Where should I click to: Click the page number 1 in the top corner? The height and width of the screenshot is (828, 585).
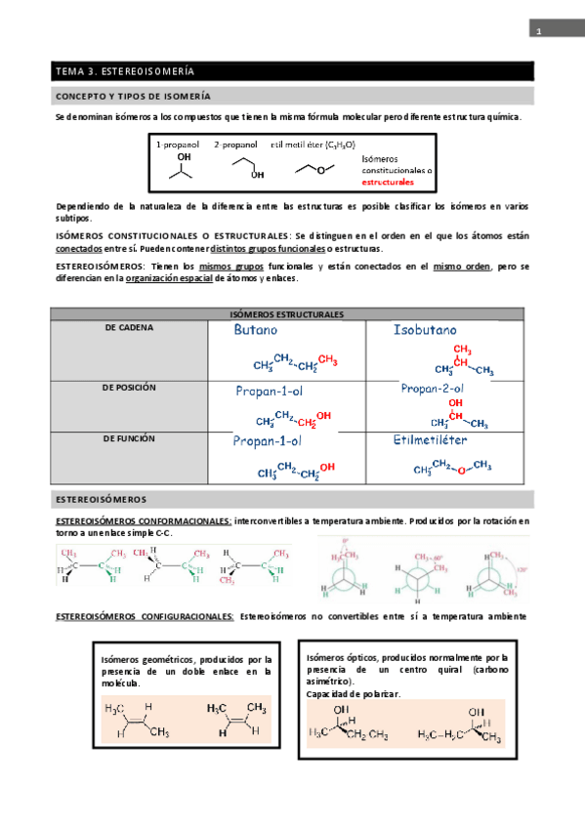pos(538,32)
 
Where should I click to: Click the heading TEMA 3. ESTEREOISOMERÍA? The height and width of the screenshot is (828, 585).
pos(125,71)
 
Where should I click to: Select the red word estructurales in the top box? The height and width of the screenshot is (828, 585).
pos(388,182)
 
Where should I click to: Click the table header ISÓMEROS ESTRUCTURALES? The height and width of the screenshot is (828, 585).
pos(291,314)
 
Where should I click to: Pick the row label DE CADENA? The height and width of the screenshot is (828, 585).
pos(129,328)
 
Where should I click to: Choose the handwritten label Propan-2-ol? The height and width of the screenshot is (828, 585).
pos(432,388)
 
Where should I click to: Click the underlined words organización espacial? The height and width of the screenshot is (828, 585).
pos(169,278)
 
